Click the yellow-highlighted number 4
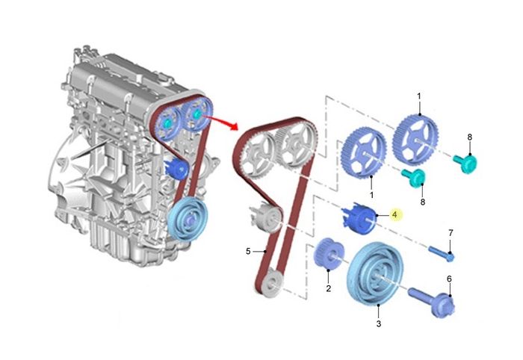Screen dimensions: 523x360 [x=394, y=214]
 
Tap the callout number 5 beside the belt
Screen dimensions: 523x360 [x=248, y=251]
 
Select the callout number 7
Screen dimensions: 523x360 [x=451, y=232]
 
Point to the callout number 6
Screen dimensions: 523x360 [x=449, y=279]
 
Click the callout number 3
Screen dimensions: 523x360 [x=379, y=323]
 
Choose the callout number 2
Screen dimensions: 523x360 [x=329, y=288]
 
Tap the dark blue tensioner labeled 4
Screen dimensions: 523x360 [x=359, y=220]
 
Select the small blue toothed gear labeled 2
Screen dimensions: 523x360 [x=328, y=255]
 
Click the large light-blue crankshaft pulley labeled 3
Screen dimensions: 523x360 [x=374, y=273]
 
